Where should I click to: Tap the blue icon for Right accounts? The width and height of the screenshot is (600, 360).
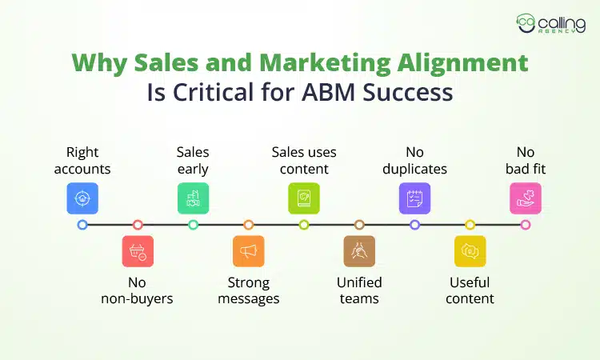[82, 198]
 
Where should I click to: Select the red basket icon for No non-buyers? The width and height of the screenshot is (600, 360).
[138, 251]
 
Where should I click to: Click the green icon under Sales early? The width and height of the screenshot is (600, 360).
[193, 198]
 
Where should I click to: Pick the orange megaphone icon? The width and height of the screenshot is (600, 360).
[248, 251]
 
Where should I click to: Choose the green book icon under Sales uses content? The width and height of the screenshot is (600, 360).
[304, 198]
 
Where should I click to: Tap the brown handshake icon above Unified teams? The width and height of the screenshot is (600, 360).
[359, 251]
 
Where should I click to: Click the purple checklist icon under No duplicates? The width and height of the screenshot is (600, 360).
[414, 198]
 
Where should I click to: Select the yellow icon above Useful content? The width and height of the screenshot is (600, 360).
[470, 251]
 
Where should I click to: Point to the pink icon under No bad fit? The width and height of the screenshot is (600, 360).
[526, 198]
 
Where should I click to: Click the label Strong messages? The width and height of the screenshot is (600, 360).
[248, 290]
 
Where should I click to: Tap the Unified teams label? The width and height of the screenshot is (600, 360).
[359, 290]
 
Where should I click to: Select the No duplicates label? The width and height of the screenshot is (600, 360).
[414, 160]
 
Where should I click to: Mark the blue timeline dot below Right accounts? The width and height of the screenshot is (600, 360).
[82, 225]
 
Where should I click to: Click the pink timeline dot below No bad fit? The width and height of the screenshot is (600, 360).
[526, 225]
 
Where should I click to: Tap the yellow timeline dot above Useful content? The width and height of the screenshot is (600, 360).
[470, 225]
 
